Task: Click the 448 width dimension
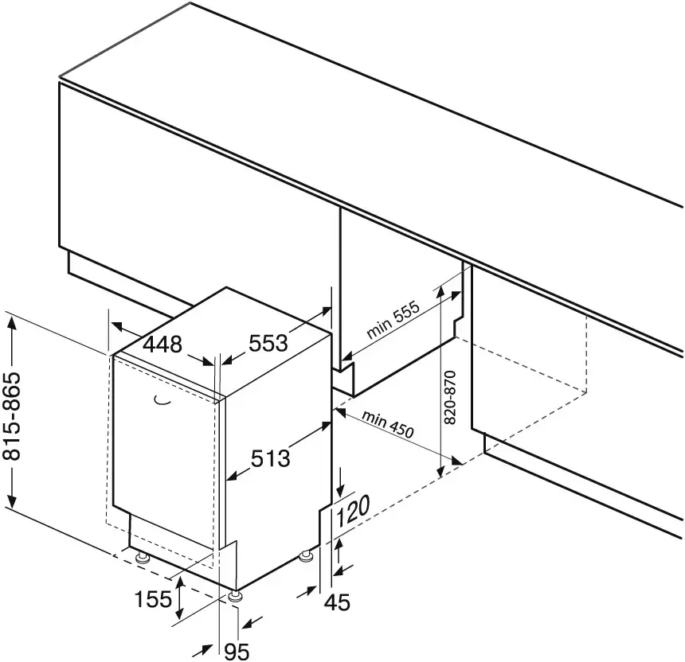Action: [x=162, y=345]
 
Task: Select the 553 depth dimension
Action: [x=268, y=343]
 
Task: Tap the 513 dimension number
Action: [x=271, y=458]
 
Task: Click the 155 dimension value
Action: [x=154, y=599]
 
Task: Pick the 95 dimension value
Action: [x=237, y=652]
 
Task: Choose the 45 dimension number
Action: [x=337, y=602]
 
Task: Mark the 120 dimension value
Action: [x=353, y=511]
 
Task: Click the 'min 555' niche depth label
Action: [x=393, y=320]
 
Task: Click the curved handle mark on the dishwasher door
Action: [x=162, y=399]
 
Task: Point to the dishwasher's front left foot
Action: [x=142, y=558]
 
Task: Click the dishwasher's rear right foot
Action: [x=306, y=556]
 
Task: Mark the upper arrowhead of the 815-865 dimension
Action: [x=12, y=324]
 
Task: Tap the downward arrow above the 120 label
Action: [x=340, y=489]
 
